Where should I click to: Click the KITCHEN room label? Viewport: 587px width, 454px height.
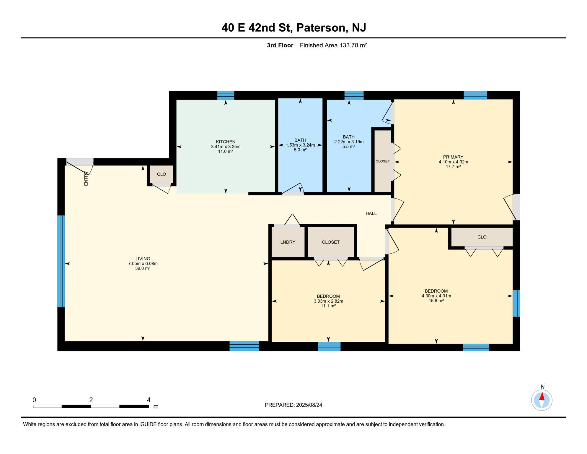coord(226,142)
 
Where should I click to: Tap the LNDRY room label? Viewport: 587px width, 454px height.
coord(288,242)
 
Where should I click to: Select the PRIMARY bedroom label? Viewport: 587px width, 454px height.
coord(453,157)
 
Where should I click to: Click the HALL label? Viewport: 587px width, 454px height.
coord(371,213)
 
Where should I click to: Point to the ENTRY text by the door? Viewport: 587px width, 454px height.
coord(86,179)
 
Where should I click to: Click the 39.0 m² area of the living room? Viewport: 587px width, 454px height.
coord(143,268)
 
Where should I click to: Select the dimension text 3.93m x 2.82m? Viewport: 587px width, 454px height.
coord(328,301)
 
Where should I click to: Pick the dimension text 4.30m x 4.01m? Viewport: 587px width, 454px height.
coord(436,296)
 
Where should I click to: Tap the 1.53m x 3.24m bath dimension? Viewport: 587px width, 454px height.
coord(300,145)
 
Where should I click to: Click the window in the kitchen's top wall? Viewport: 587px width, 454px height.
coord(226,95)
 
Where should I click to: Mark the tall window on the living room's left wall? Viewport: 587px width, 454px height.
coord(61,261)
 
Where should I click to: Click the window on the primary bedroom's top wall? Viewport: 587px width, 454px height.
coord(475,95)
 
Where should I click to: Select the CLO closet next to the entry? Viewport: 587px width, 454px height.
coord(161,174)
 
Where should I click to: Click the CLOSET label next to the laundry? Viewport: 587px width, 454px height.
coord(330,242)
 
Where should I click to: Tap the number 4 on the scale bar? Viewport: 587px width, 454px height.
coord(149,400)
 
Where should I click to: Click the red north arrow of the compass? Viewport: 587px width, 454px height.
coord(542,396)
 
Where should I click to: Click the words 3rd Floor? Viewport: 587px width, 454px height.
coord(280,45)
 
